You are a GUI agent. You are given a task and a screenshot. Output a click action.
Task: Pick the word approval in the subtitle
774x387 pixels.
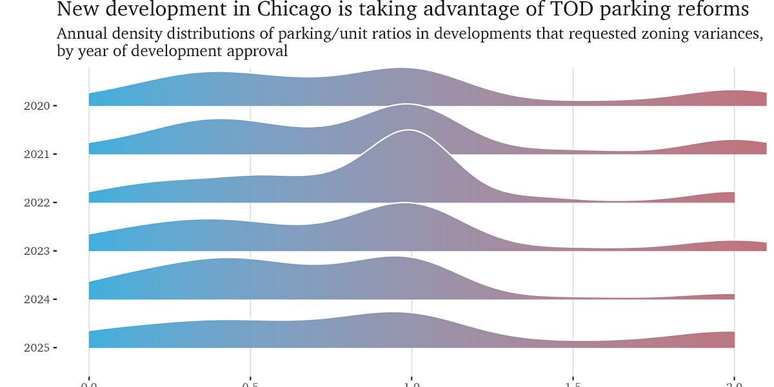coord(256,52)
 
